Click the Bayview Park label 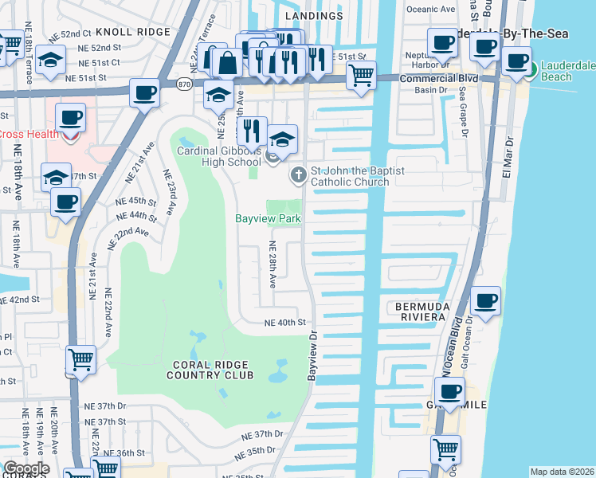[268, 218]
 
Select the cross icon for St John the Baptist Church [298, 174]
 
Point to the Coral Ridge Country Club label [212, 370]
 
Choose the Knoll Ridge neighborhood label [133, 32]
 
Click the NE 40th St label [285, 323]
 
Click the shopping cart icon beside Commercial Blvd [362, 75]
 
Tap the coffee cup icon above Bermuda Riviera [485, 301]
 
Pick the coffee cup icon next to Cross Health [70, 119]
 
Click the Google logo [25, 468]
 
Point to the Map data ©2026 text [562, 472]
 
